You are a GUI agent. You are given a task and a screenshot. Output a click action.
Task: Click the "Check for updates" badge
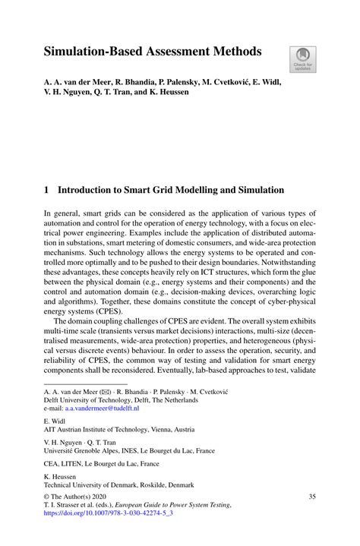click(303, 60)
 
